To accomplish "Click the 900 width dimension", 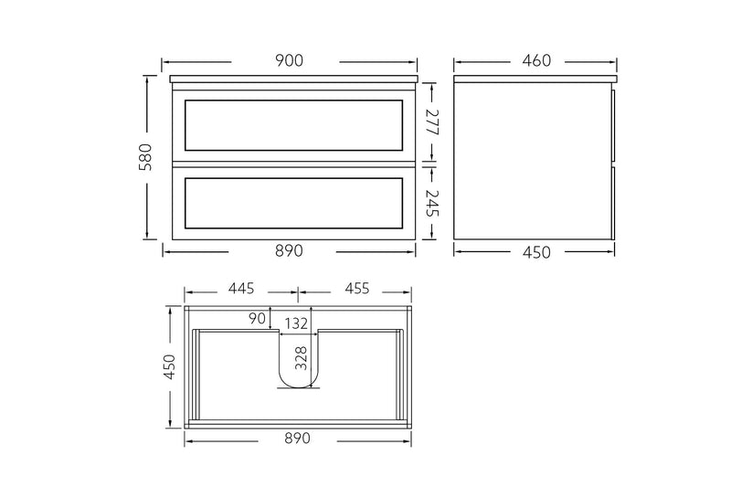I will [x=289, y=60].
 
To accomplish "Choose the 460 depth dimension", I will [x=536, y=60].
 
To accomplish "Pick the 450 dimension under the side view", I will [x=536, y=252].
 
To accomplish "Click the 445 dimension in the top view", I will [x=241, y=290].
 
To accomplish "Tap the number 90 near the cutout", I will [x=257, y=318].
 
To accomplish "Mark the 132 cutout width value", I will [x=296, y=323].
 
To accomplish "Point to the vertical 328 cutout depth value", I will [x=302, y=356].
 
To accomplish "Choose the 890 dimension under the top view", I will [x=296, y=439].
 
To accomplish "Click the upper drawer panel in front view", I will [x=293, y=125].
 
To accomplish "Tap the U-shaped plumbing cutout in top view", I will [x=296, y=365].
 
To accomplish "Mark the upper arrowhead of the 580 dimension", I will [x=147, y=79].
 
